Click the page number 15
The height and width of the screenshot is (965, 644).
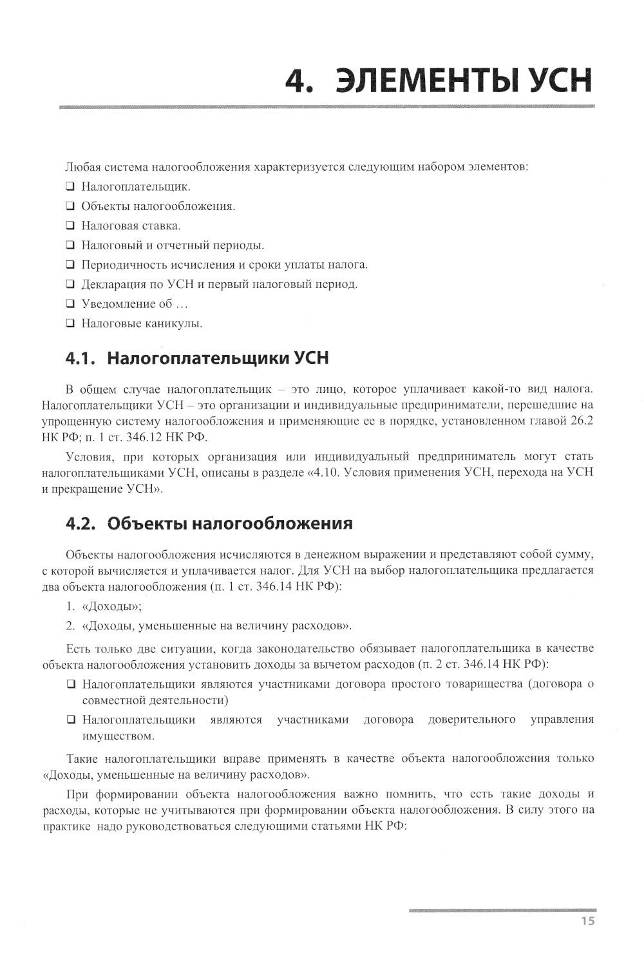coord(587,921)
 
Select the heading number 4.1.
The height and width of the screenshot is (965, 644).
coord(80,358)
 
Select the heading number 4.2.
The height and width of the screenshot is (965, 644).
coord(81,523)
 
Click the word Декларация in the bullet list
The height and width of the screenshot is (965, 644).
coord(110,284)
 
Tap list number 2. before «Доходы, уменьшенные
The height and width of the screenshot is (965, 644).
coord(71,626)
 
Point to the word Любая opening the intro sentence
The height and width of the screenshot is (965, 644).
coord(81,167)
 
